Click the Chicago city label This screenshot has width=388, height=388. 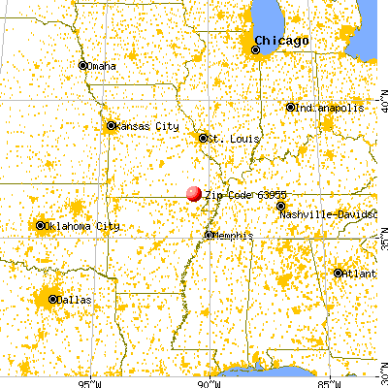click(281, 41)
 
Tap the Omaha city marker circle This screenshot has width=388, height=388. click(83, 65)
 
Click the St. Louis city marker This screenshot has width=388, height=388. click(204, 138)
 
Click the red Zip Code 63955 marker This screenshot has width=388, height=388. click(194, 193)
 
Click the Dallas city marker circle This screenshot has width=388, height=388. click(52, 300)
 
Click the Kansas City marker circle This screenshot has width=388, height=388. click(111, 125)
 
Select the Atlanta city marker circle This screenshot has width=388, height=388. click(338, 274)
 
